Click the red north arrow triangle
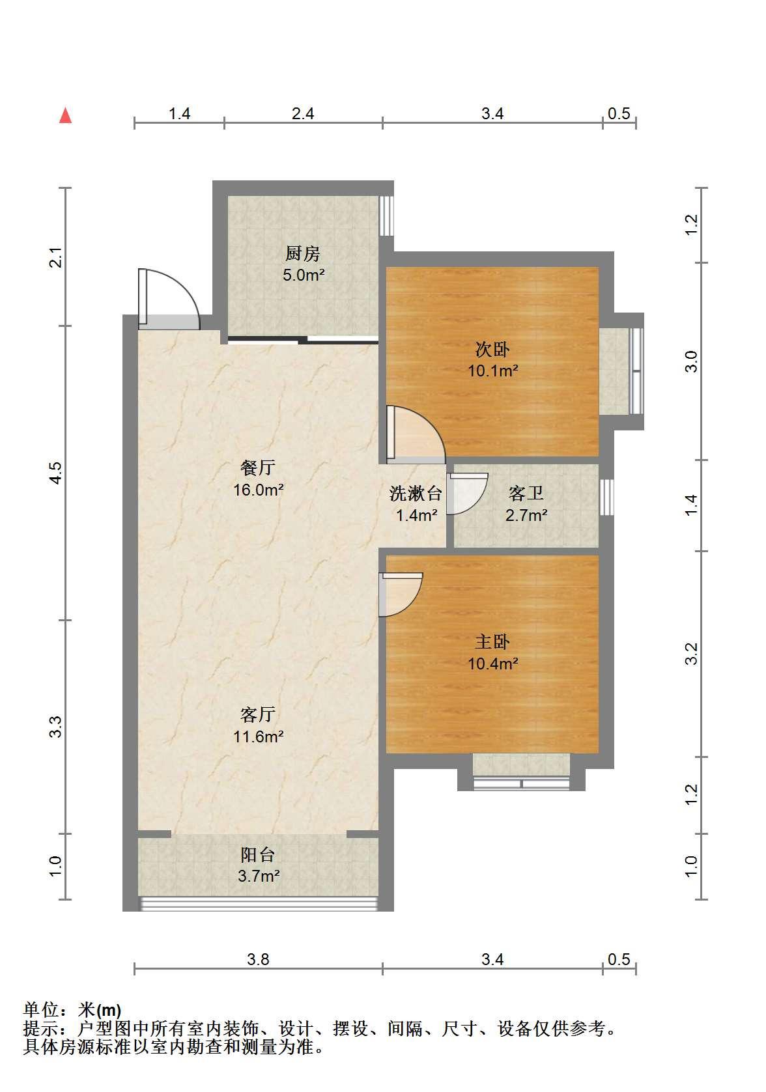click(x=65, y=116)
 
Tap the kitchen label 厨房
click(x=302, y=253)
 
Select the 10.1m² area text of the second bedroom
click(x=492, y=371)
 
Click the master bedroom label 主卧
click(x=492, y=641)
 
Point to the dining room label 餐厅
click(x=258, y=468)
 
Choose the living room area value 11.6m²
click(x=258, y=736)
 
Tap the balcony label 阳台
click(x=258, y=854)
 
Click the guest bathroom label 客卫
click(x=526, y=494)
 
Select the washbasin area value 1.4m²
click(x=416, y=515)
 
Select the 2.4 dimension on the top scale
click(x=303, y=113)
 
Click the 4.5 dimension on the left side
click(x=57, y=472)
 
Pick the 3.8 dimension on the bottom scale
click(x=258, y=959)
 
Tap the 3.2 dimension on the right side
click(x=691, y=654)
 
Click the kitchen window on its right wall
click(x=386, y=216)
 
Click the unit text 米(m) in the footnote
click(x=100, y=1009)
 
